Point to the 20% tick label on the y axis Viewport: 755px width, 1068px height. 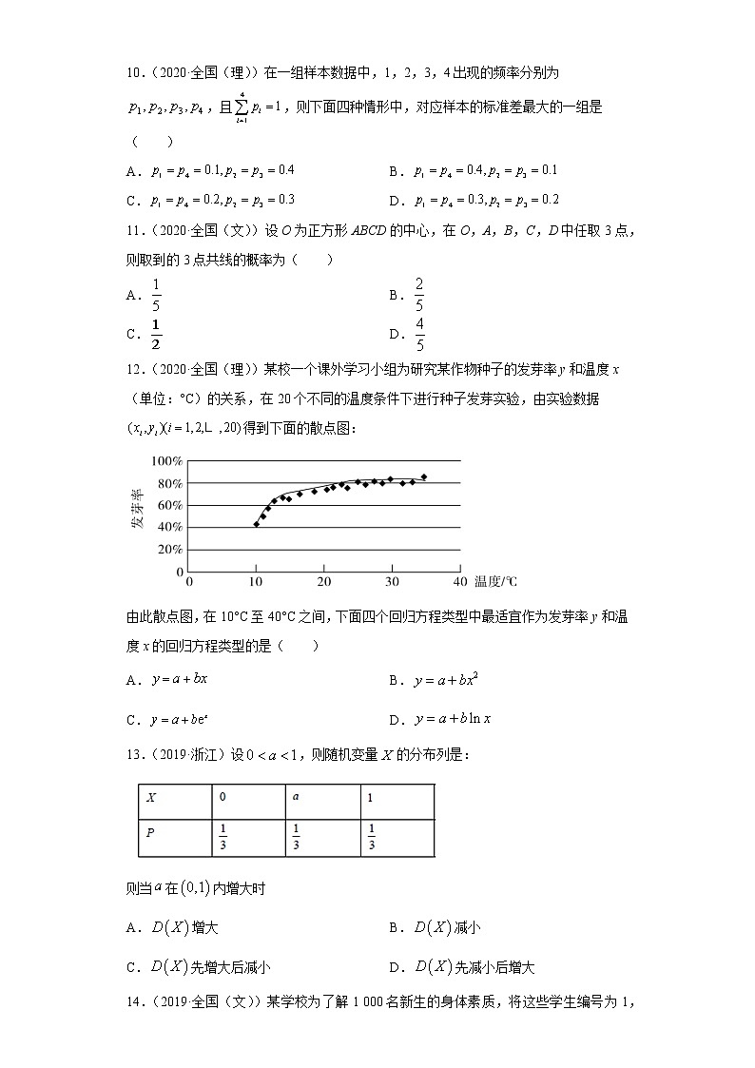click(x=168, y=550)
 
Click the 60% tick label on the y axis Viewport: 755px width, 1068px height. click(x=168, y=505)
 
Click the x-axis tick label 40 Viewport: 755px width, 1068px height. click(x=459, y=581)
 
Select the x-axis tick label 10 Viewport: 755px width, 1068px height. click(x=256, y=581)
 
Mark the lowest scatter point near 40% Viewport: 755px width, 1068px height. click(x=256, y=524)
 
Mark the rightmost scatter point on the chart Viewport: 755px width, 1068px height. click(x=424, y=476)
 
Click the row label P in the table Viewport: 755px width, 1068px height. click(x=150, y=833)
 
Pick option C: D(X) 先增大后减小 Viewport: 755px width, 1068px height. click(x=210, y=966)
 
